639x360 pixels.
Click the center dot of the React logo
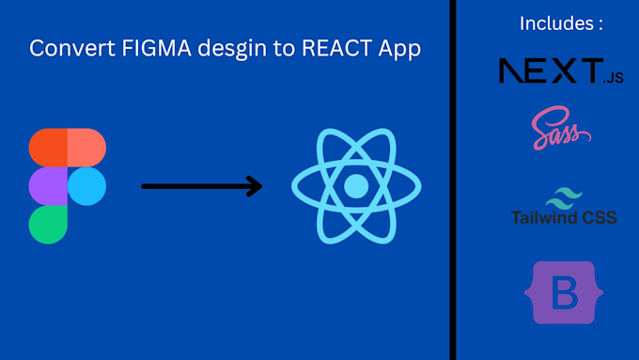tap(356, 186)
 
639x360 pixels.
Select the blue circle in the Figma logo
tap(87, 186)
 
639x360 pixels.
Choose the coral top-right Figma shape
tap(86, 147)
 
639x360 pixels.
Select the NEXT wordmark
tap(551, 70)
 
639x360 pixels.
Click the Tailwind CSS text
tap(564, 218)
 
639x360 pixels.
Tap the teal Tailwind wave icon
tap(564, 197)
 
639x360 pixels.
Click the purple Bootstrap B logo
tap(563, 292)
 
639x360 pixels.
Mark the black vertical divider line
tap(452, 180)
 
